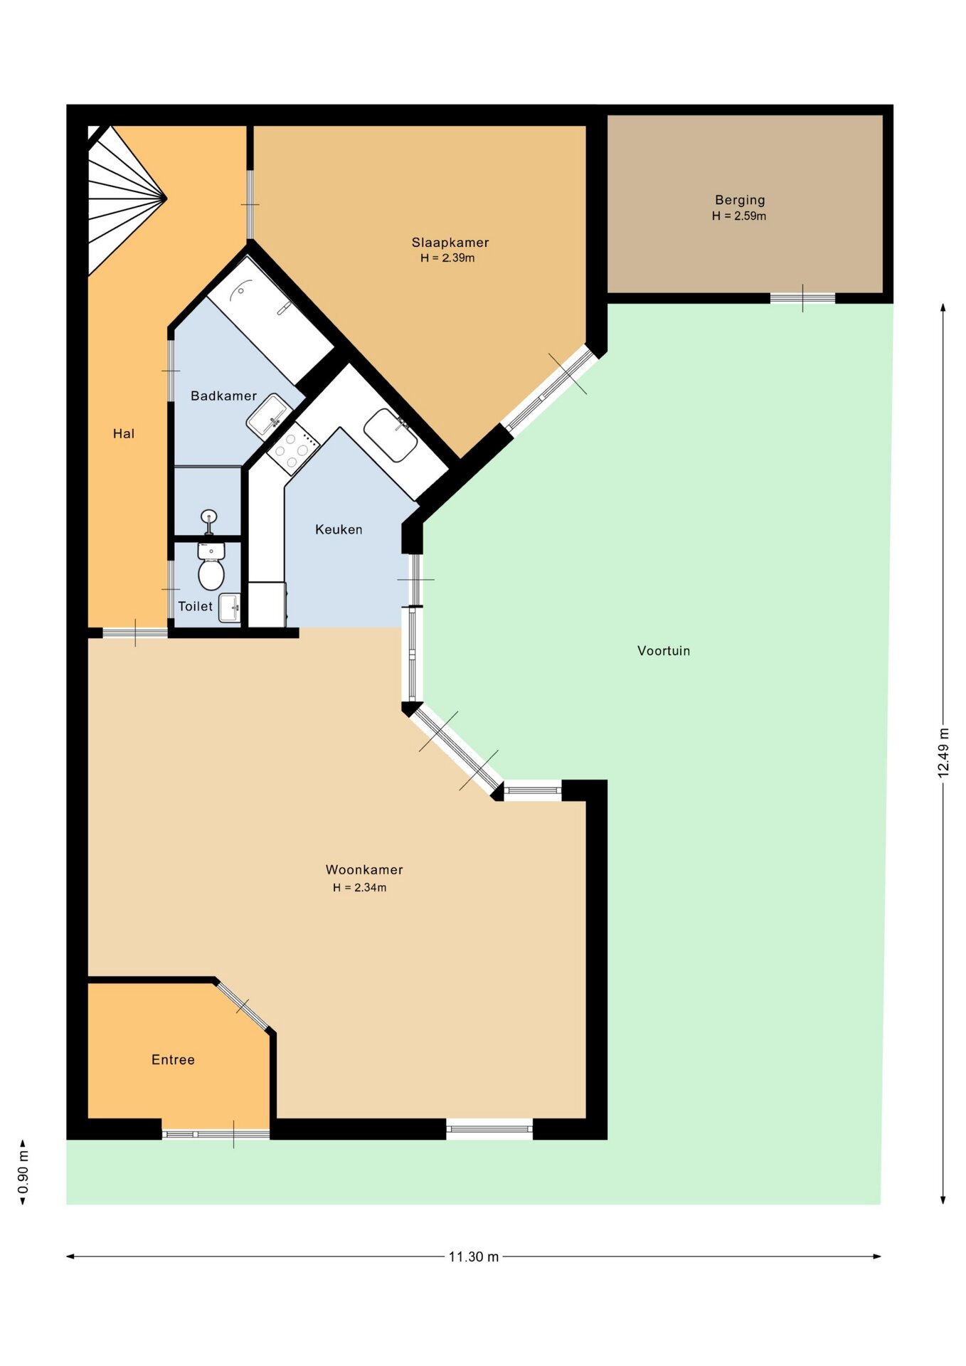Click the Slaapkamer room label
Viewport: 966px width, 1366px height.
click(450, 243)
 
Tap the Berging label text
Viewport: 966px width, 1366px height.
click(740, 201)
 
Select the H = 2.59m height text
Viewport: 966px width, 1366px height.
click(739, 216)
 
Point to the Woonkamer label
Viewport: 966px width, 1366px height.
click(364, 869)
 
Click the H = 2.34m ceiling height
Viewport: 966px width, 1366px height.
click(360, 888)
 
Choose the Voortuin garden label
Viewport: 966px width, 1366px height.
click(664, 651)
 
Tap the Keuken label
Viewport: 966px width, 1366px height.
click(339, 529)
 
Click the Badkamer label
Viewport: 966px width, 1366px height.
click(223, 396)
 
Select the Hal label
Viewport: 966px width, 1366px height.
click(124, 434)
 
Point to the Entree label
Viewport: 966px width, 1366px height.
click(173, 1060)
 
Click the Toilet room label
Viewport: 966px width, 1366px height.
click(195, 606)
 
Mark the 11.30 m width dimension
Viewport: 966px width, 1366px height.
click(474, 1257)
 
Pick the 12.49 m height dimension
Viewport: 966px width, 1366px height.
click(943, 753)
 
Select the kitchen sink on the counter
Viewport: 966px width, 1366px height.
click(391, 434)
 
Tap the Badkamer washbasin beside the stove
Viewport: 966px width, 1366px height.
click(269, 415)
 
